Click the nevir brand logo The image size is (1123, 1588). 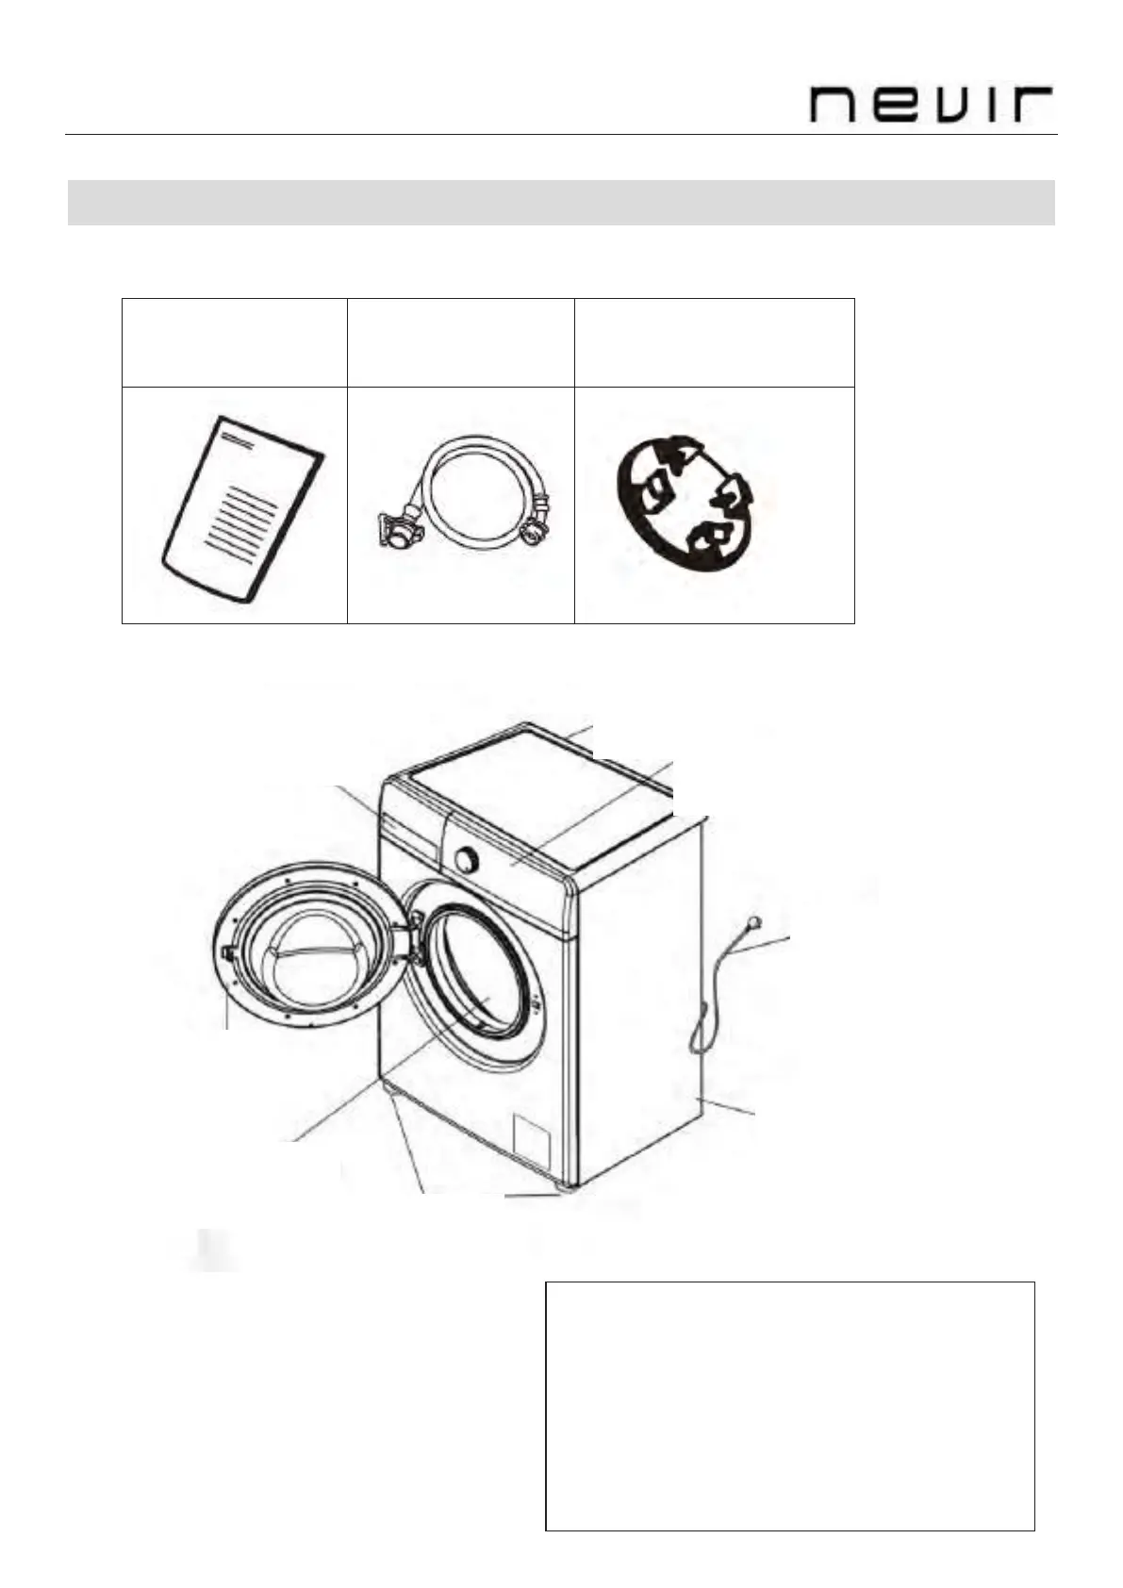(x=931, y=104)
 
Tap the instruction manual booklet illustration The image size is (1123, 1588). (x=243, y=509)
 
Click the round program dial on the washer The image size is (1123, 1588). (x=464, y=859)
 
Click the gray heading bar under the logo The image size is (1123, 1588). (x=561, y=203)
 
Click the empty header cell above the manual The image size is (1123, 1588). (x=235, y=342)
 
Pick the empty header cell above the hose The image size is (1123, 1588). (x=461, y=342)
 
